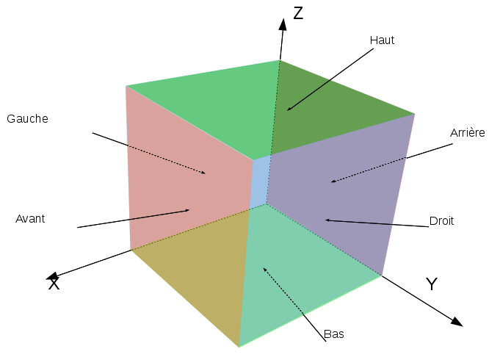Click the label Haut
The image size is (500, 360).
point(382,40)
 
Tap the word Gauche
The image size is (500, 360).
point(27,118)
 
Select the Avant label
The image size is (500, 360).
point(30,218)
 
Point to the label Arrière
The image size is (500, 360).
point(468,133)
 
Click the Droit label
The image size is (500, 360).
point(441,220)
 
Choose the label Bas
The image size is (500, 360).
point(334,334)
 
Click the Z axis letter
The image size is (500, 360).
point(298,13)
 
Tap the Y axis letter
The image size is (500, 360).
point(432,284)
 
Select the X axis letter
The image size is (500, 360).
point(54,284)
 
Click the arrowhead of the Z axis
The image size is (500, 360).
point(283,24)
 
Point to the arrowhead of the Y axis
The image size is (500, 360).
point(457,321)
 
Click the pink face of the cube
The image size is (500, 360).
point(184,176)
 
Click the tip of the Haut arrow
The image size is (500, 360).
point(288,111)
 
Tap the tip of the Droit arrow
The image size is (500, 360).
point(325,220)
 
